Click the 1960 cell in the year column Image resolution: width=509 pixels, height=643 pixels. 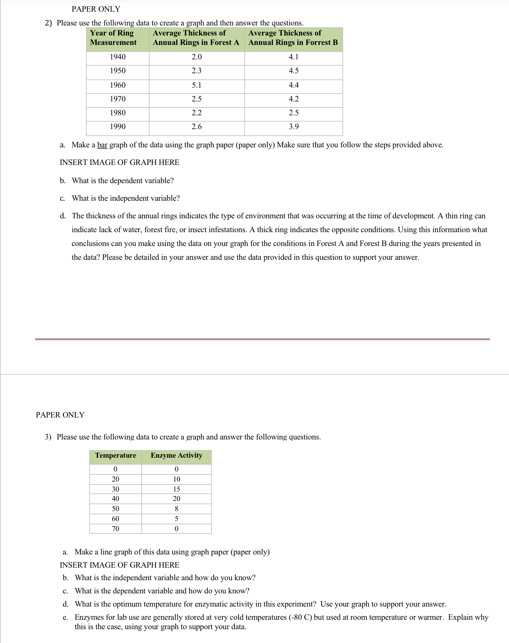(x=118, y=85)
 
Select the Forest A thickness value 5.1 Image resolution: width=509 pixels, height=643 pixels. (x=197, y=85)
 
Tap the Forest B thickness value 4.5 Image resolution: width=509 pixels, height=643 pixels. (x=293, y=71)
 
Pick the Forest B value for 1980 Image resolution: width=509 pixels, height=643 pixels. (x=293, y=113)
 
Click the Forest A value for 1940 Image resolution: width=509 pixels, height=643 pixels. (x=197, y=57)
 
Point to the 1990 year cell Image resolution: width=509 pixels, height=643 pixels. (x=118, y=127)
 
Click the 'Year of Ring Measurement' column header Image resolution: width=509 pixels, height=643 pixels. (x=113, y=38)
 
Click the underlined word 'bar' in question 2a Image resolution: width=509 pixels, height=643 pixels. (x=102, y=145)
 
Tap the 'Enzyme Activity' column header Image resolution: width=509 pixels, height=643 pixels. (x=176, y=455)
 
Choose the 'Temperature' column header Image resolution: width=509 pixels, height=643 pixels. (x=116, y=455)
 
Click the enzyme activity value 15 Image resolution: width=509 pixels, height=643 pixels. (x=177, y=489)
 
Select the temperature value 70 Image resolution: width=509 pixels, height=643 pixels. (x=116, y=529)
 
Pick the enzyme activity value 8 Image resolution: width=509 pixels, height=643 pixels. (x=177, y=509)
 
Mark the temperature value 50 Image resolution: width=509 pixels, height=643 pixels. (x=116, y=509)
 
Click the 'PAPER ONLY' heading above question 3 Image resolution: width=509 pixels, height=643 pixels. (x=60, y=415)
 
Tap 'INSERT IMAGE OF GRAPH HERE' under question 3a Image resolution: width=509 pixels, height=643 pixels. (x=119, y=565)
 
